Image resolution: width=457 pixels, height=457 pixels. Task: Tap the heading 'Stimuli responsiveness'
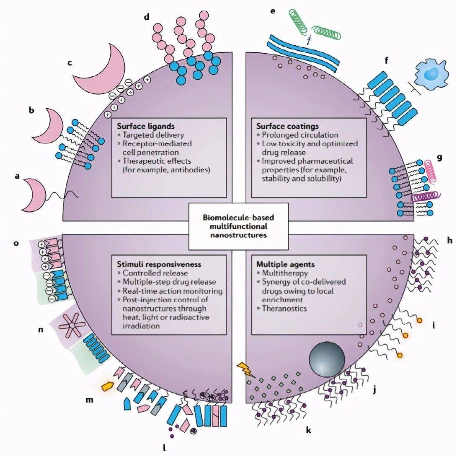159,264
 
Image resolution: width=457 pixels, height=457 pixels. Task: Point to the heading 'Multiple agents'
280,264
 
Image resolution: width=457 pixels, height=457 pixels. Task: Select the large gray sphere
327,359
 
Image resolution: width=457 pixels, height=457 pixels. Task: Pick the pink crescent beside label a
35,195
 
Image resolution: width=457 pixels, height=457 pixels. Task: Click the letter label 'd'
146,17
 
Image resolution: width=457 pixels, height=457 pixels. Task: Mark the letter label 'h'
450,241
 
